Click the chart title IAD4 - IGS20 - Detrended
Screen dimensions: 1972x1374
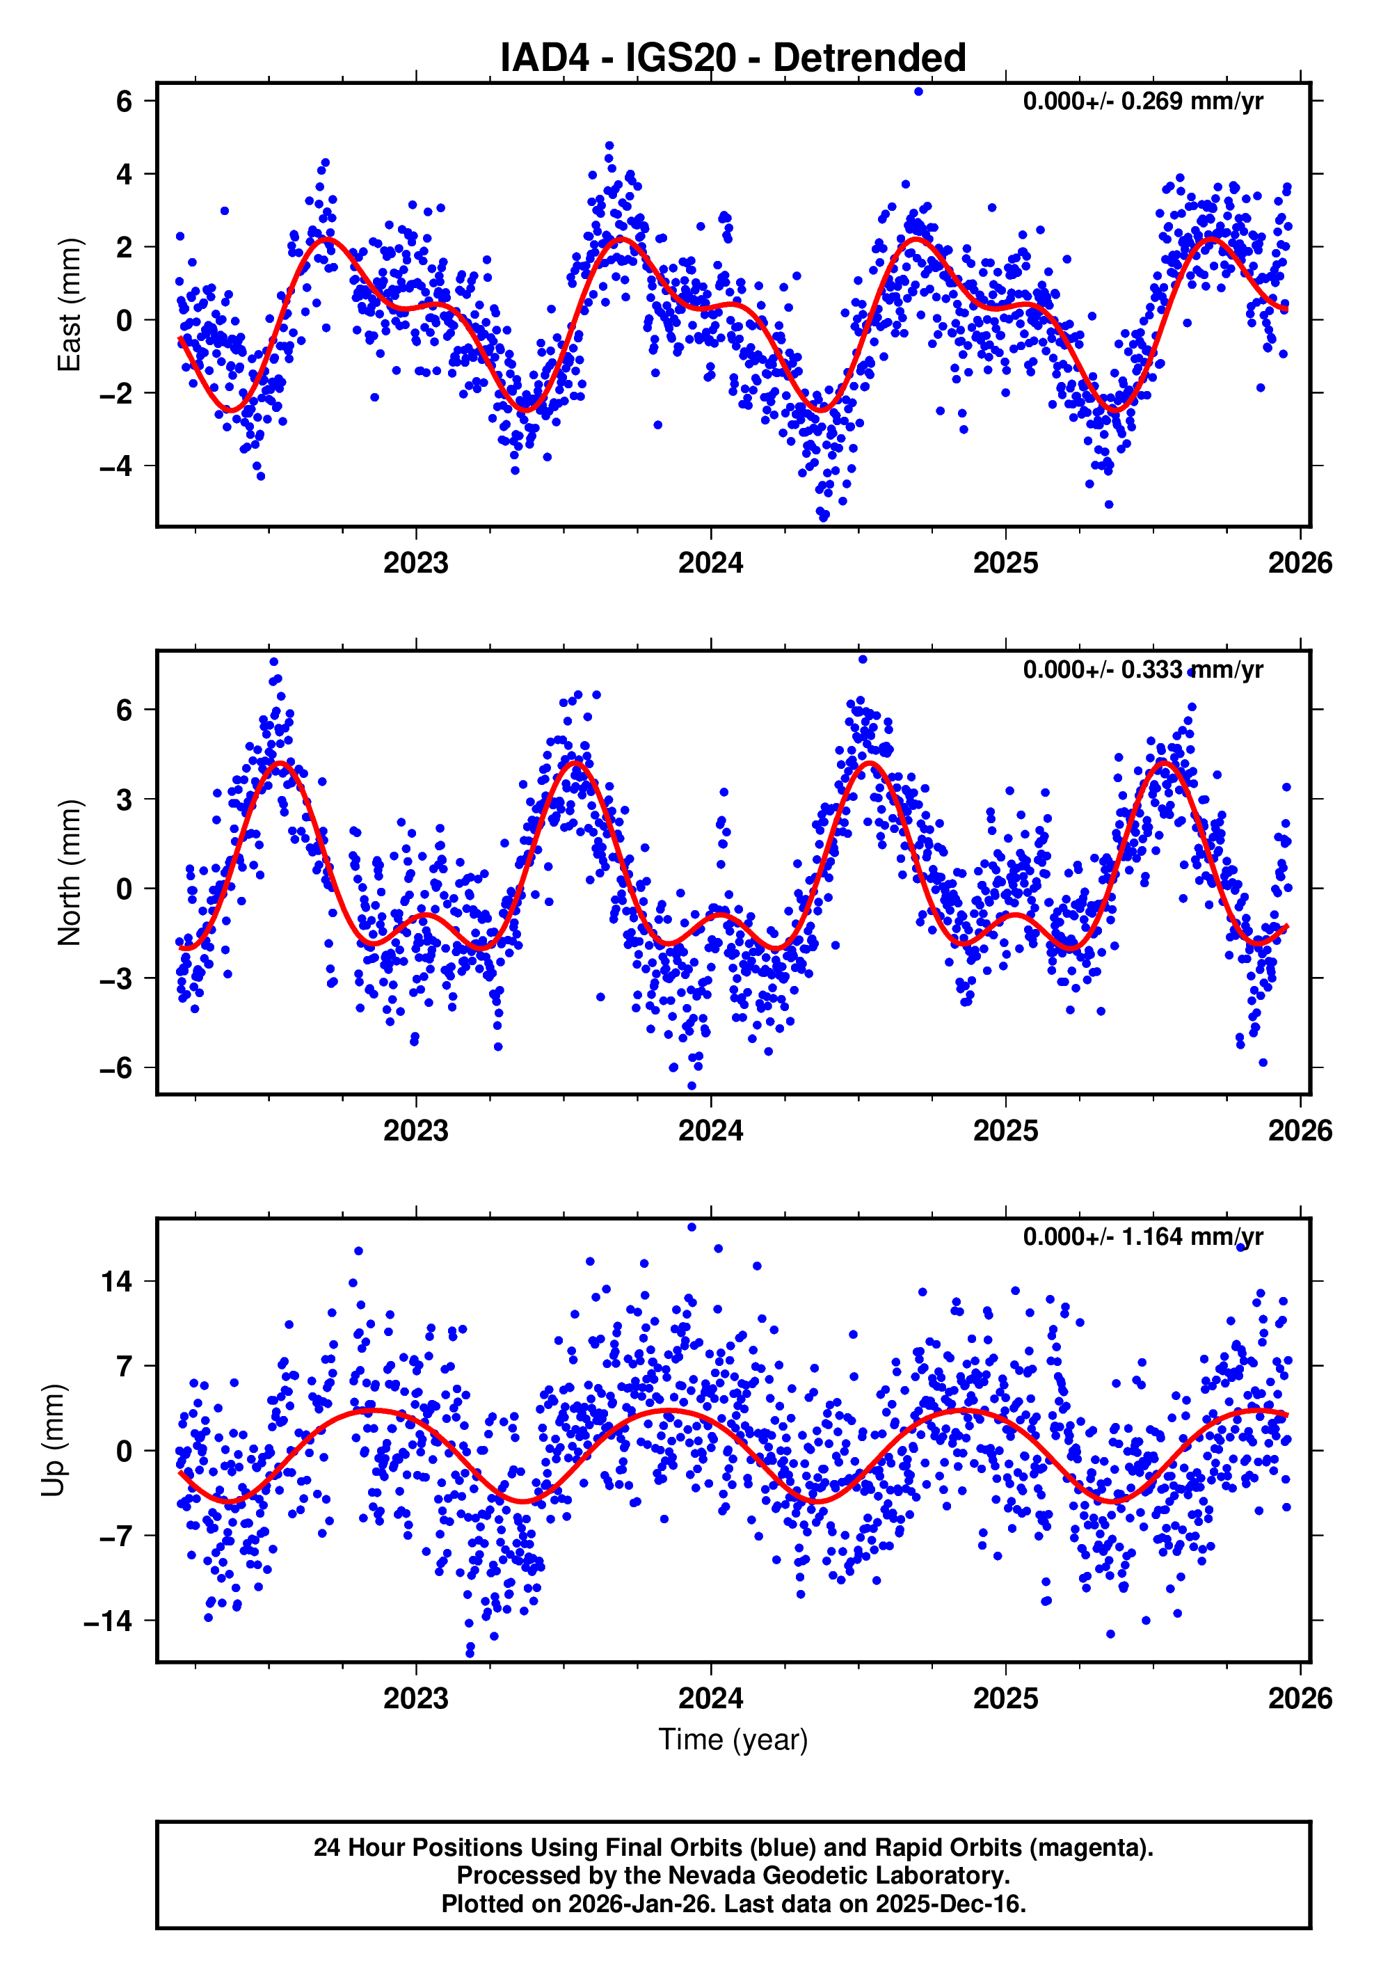pos(733,58)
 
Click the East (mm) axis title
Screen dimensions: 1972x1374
pos(69,305)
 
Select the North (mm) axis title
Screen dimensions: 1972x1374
pos(69,873)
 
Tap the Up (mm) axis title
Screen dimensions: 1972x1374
pos(54,1440)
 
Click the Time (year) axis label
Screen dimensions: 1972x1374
pos(733,1739)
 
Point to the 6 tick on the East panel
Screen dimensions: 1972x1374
pos(125,102)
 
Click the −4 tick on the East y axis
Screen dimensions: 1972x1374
pos(116,466)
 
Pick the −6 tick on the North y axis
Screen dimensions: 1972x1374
pos(116,1067)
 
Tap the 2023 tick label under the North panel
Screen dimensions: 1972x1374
pos(415,1130)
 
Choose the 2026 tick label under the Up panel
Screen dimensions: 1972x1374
pos(1300,1698)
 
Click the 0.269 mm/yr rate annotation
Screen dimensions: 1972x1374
pos(1142,102)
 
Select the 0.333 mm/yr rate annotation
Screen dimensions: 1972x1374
pos(1142,669)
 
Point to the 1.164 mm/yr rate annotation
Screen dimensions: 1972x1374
pos(1142,1237)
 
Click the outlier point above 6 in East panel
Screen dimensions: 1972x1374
pos(918,91)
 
